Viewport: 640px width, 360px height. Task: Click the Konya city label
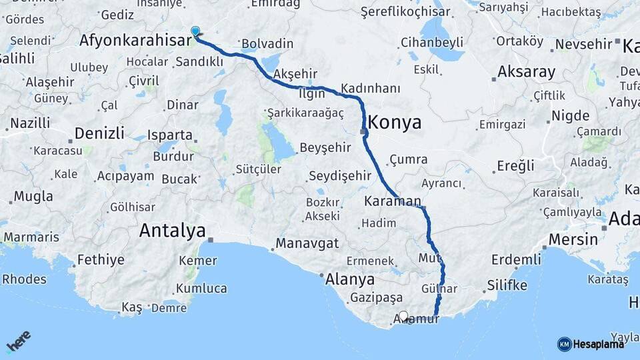click(x=395, y=123)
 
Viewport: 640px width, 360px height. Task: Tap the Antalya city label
click(x=172, y=231)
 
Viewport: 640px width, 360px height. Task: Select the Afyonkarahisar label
click(x=133, y=40)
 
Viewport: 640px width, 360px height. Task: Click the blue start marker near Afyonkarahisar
click(x=195, y=31)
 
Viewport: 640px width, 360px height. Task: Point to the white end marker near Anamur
click(x=403, y=316)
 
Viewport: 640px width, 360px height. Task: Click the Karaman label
click(x=393, y=201)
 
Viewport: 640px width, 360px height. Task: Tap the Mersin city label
click(x=573, y=239)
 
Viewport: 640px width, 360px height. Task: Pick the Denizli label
click(x=99, y=133)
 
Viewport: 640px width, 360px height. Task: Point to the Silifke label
click(x=507, y=286)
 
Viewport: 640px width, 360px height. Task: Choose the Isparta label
click(x=170, y=133)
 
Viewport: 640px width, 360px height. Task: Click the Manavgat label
click(x=307, y=242)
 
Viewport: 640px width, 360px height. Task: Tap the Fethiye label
click(x=101, y=259)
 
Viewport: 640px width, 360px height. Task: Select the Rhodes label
click(x=24, y=279)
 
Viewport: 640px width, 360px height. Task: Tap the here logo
click(x=19, y=341)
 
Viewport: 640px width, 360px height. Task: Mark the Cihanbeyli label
click(x=432, y=43)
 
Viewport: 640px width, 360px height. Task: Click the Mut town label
click(x=427, y=257)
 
